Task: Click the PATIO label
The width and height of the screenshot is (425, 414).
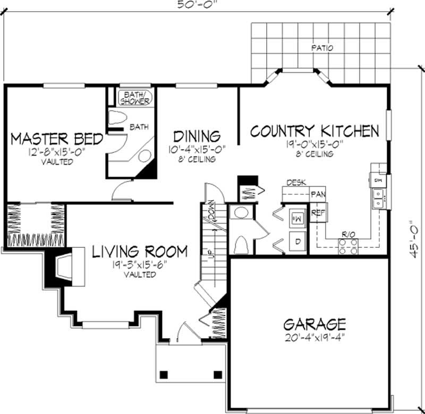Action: (x=323, y=48)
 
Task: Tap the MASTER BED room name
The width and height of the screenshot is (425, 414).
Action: (x=57, y=140)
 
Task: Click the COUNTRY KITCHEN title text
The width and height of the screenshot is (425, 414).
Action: (x=314, y=131)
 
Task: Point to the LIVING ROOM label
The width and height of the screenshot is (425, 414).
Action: (x=140, y=252)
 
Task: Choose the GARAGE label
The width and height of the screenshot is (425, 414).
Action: (x=314, y=324)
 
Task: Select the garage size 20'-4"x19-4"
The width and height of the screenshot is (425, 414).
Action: (x=314, y=337)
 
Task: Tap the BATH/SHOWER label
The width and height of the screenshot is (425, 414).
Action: (x=134, y=98)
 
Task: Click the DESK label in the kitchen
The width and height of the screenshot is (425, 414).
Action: (x=296, y=183)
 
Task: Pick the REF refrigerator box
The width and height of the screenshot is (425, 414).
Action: (x=318, y=213)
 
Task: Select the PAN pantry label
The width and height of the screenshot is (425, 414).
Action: (x=318, y=194)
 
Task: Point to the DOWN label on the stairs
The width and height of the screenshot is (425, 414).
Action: (x=212, y=211)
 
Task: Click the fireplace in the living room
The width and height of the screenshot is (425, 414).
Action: (x=64, y=268)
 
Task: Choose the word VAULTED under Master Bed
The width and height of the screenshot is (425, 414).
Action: (x=57, y=162)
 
